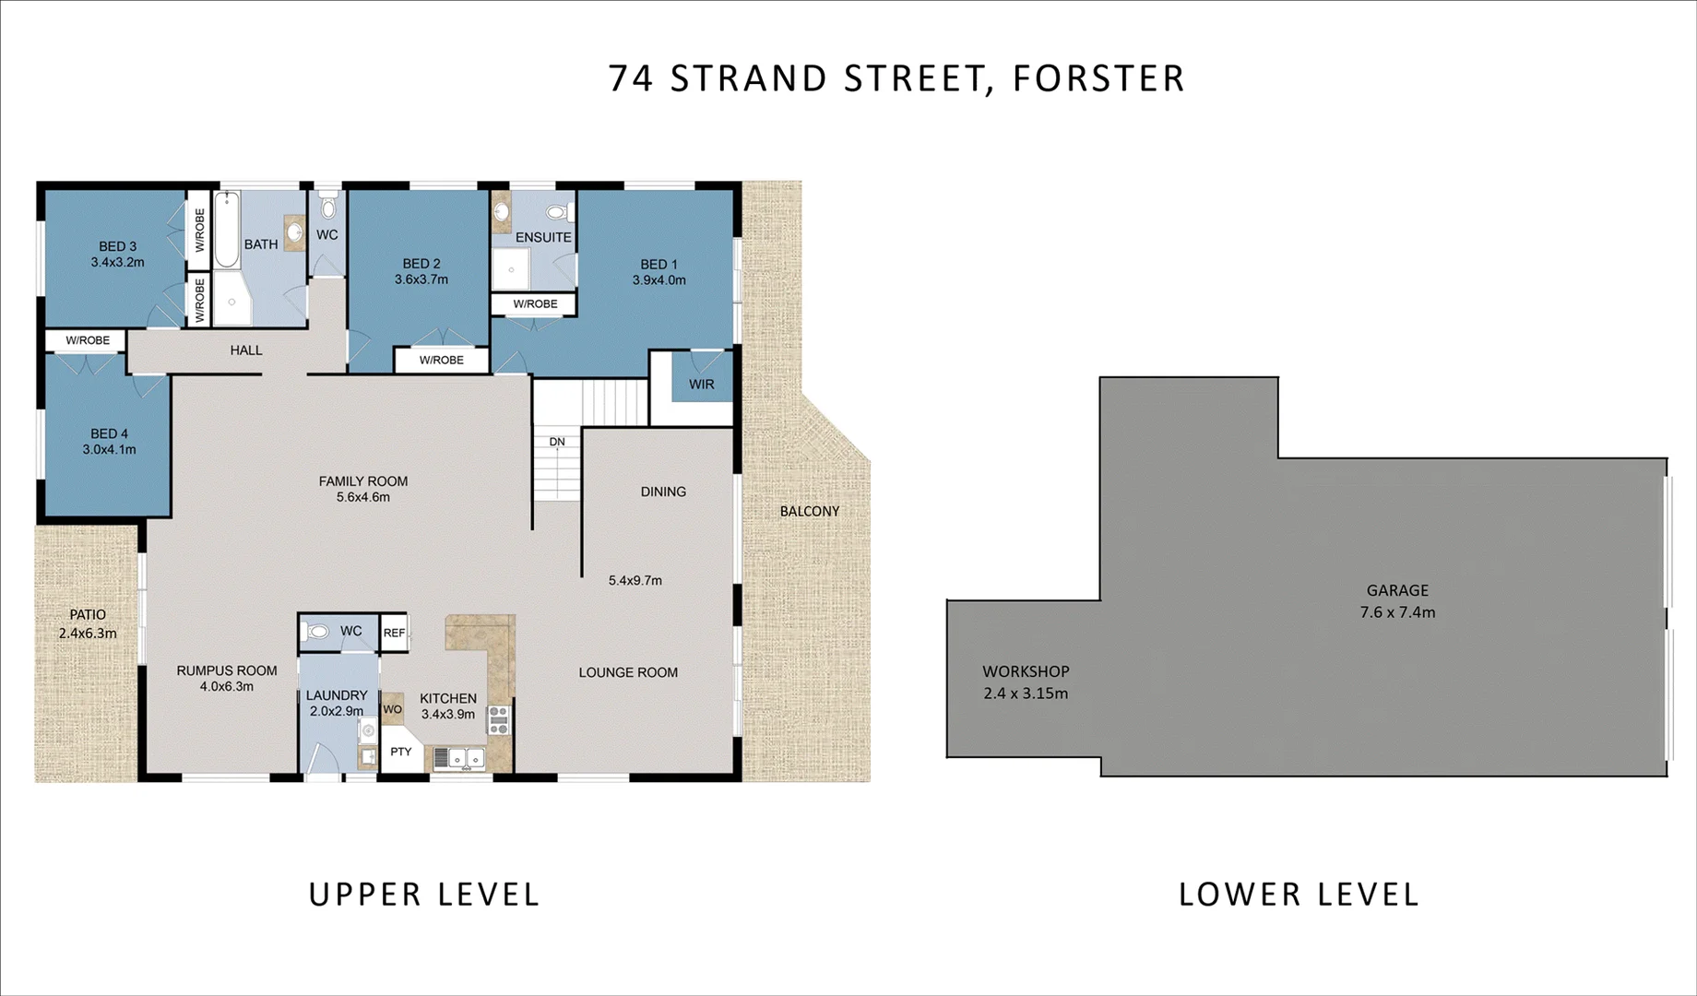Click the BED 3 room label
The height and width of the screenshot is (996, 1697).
point(117,246)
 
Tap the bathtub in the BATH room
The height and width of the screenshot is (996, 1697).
point(227,230)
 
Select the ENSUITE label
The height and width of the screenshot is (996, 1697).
point(543,237)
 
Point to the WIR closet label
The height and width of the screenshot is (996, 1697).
point(701,384)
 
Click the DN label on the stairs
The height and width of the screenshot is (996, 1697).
point(557,442)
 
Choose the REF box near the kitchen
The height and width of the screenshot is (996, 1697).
point(394,633)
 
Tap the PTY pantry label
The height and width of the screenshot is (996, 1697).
point(400,752)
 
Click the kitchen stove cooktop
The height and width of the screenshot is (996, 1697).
point(498,719)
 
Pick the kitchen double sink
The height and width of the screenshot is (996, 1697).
point(458,758)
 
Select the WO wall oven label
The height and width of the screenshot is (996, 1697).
point(392,709)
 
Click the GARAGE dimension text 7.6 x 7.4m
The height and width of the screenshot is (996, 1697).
point(1397,612)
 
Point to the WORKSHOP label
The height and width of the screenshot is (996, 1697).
point(1026,671)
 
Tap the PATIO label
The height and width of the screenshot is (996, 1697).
point(88,615)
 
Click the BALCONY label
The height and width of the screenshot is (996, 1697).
point(810,511)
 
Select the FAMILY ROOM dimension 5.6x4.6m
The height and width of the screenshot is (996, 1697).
point(363,497)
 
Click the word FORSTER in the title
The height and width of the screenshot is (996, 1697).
point(1098,78)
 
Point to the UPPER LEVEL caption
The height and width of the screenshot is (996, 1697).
point(424,894)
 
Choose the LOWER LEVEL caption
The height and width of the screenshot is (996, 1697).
point(1299,894)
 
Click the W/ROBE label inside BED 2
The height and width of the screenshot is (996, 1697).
point(442,360)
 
